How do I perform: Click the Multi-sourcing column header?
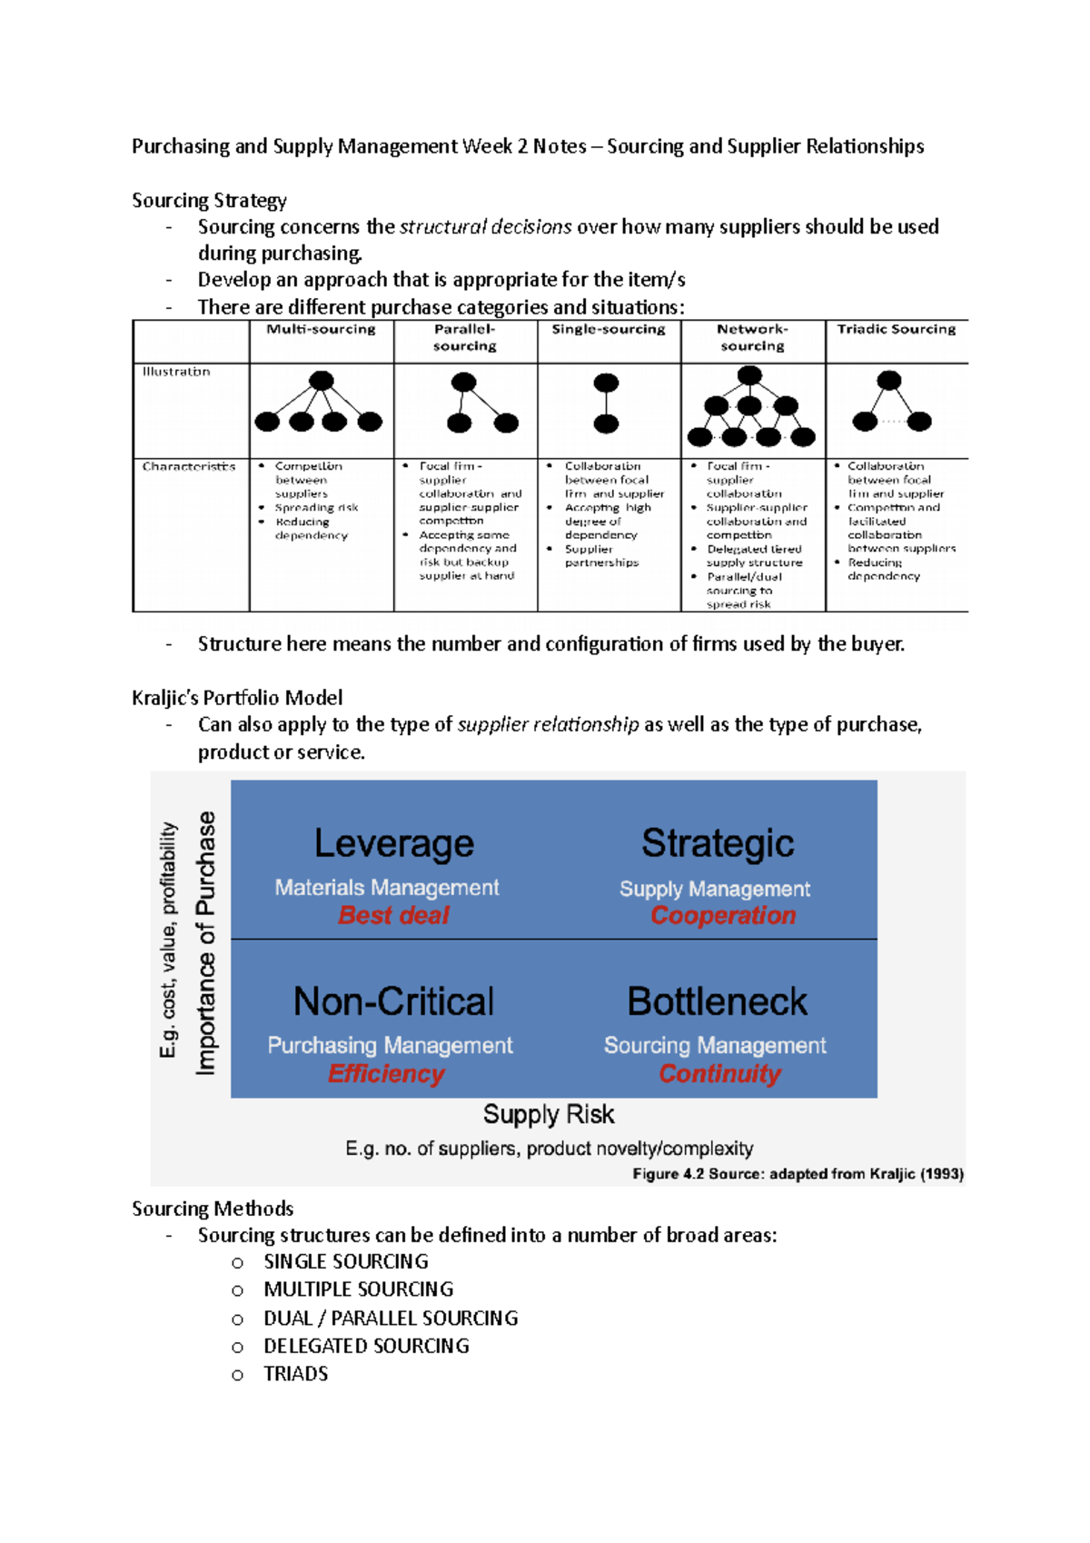(321, 329)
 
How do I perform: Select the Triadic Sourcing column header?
(896, 329)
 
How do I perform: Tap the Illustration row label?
(176, 372)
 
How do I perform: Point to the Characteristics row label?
(189, 466)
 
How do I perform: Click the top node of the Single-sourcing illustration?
(606, 383)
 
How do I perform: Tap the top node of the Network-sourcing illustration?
(749, 375)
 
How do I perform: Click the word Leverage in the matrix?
(393, 843)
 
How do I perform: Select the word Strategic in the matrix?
(718, 842)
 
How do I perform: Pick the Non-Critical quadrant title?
(393, 1001)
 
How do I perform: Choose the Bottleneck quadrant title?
(717, 1001)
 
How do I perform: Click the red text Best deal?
(393, 915)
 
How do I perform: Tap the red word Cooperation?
(723, 915)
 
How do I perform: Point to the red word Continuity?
(719, 1074)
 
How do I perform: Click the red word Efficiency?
(386, 1074)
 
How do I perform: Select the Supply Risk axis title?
(549, 1114)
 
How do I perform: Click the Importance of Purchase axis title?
(206, 942)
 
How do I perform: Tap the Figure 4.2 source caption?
(798, 1174)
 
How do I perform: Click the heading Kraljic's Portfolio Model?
(237, 698)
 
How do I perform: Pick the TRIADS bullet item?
(295, 1374)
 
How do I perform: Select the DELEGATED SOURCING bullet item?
(366, 1346)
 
